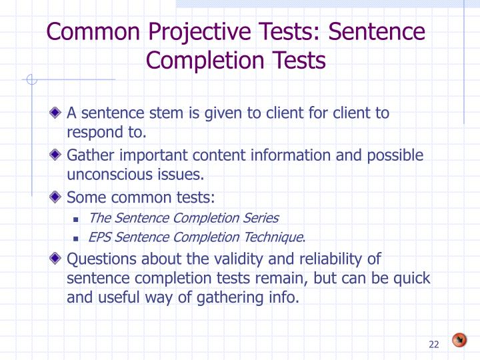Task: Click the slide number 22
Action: (x=434, y=344)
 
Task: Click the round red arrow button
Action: (x=459, y=340)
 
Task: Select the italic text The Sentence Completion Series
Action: (x=183, y=217)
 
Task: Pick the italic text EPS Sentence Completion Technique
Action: (x=197, y=237)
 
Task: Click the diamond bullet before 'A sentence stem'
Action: (x=58, y=113)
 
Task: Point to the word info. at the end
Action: (x=283, y=297)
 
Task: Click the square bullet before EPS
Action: (x=76, y=238)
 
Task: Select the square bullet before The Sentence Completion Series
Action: (x=76, y=219)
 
